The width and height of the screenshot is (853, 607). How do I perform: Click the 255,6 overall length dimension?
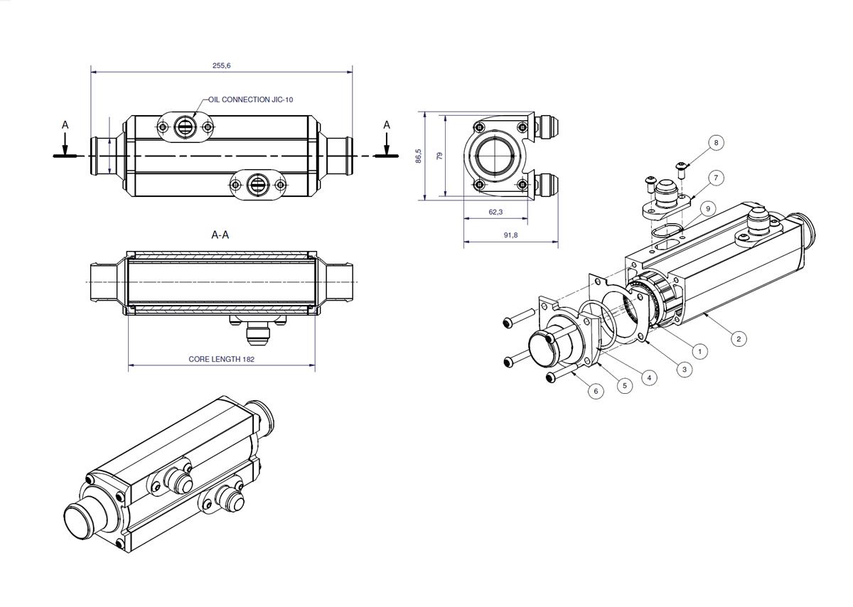221,65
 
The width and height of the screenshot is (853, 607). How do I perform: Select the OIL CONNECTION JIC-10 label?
250,100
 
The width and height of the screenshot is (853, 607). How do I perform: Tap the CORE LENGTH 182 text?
221,359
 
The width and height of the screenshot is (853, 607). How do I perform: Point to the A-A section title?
220,235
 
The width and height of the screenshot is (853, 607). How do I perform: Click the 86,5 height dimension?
419,156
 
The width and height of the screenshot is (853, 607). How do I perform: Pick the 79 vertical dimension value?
440,156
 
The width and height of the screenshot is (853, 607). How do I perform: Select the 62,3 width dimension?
495,212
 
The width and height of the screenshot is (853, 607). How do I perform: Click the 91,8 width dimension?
510,235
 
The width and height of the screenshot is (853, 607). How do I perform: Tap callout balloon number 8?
717,143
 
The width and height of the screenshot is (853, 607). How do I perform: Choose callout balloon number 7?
717,178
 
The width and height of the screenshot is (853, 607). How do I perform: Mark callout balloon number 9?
708,209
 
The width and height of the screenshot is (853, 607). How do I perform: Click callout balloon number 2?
739,339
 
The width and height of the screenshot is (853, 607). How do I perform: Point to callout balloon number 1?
699,351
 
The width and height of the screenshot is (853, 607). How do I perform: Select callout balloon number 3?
685,370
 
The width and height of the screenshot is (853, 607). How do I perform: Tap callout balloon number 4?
649,377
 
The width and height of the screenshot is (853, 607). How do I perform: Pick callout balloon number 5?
625,386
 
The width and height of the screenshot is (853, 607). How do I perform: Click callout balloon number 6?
596,391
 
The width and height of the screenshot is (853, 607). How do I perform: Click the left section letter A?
65,125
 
